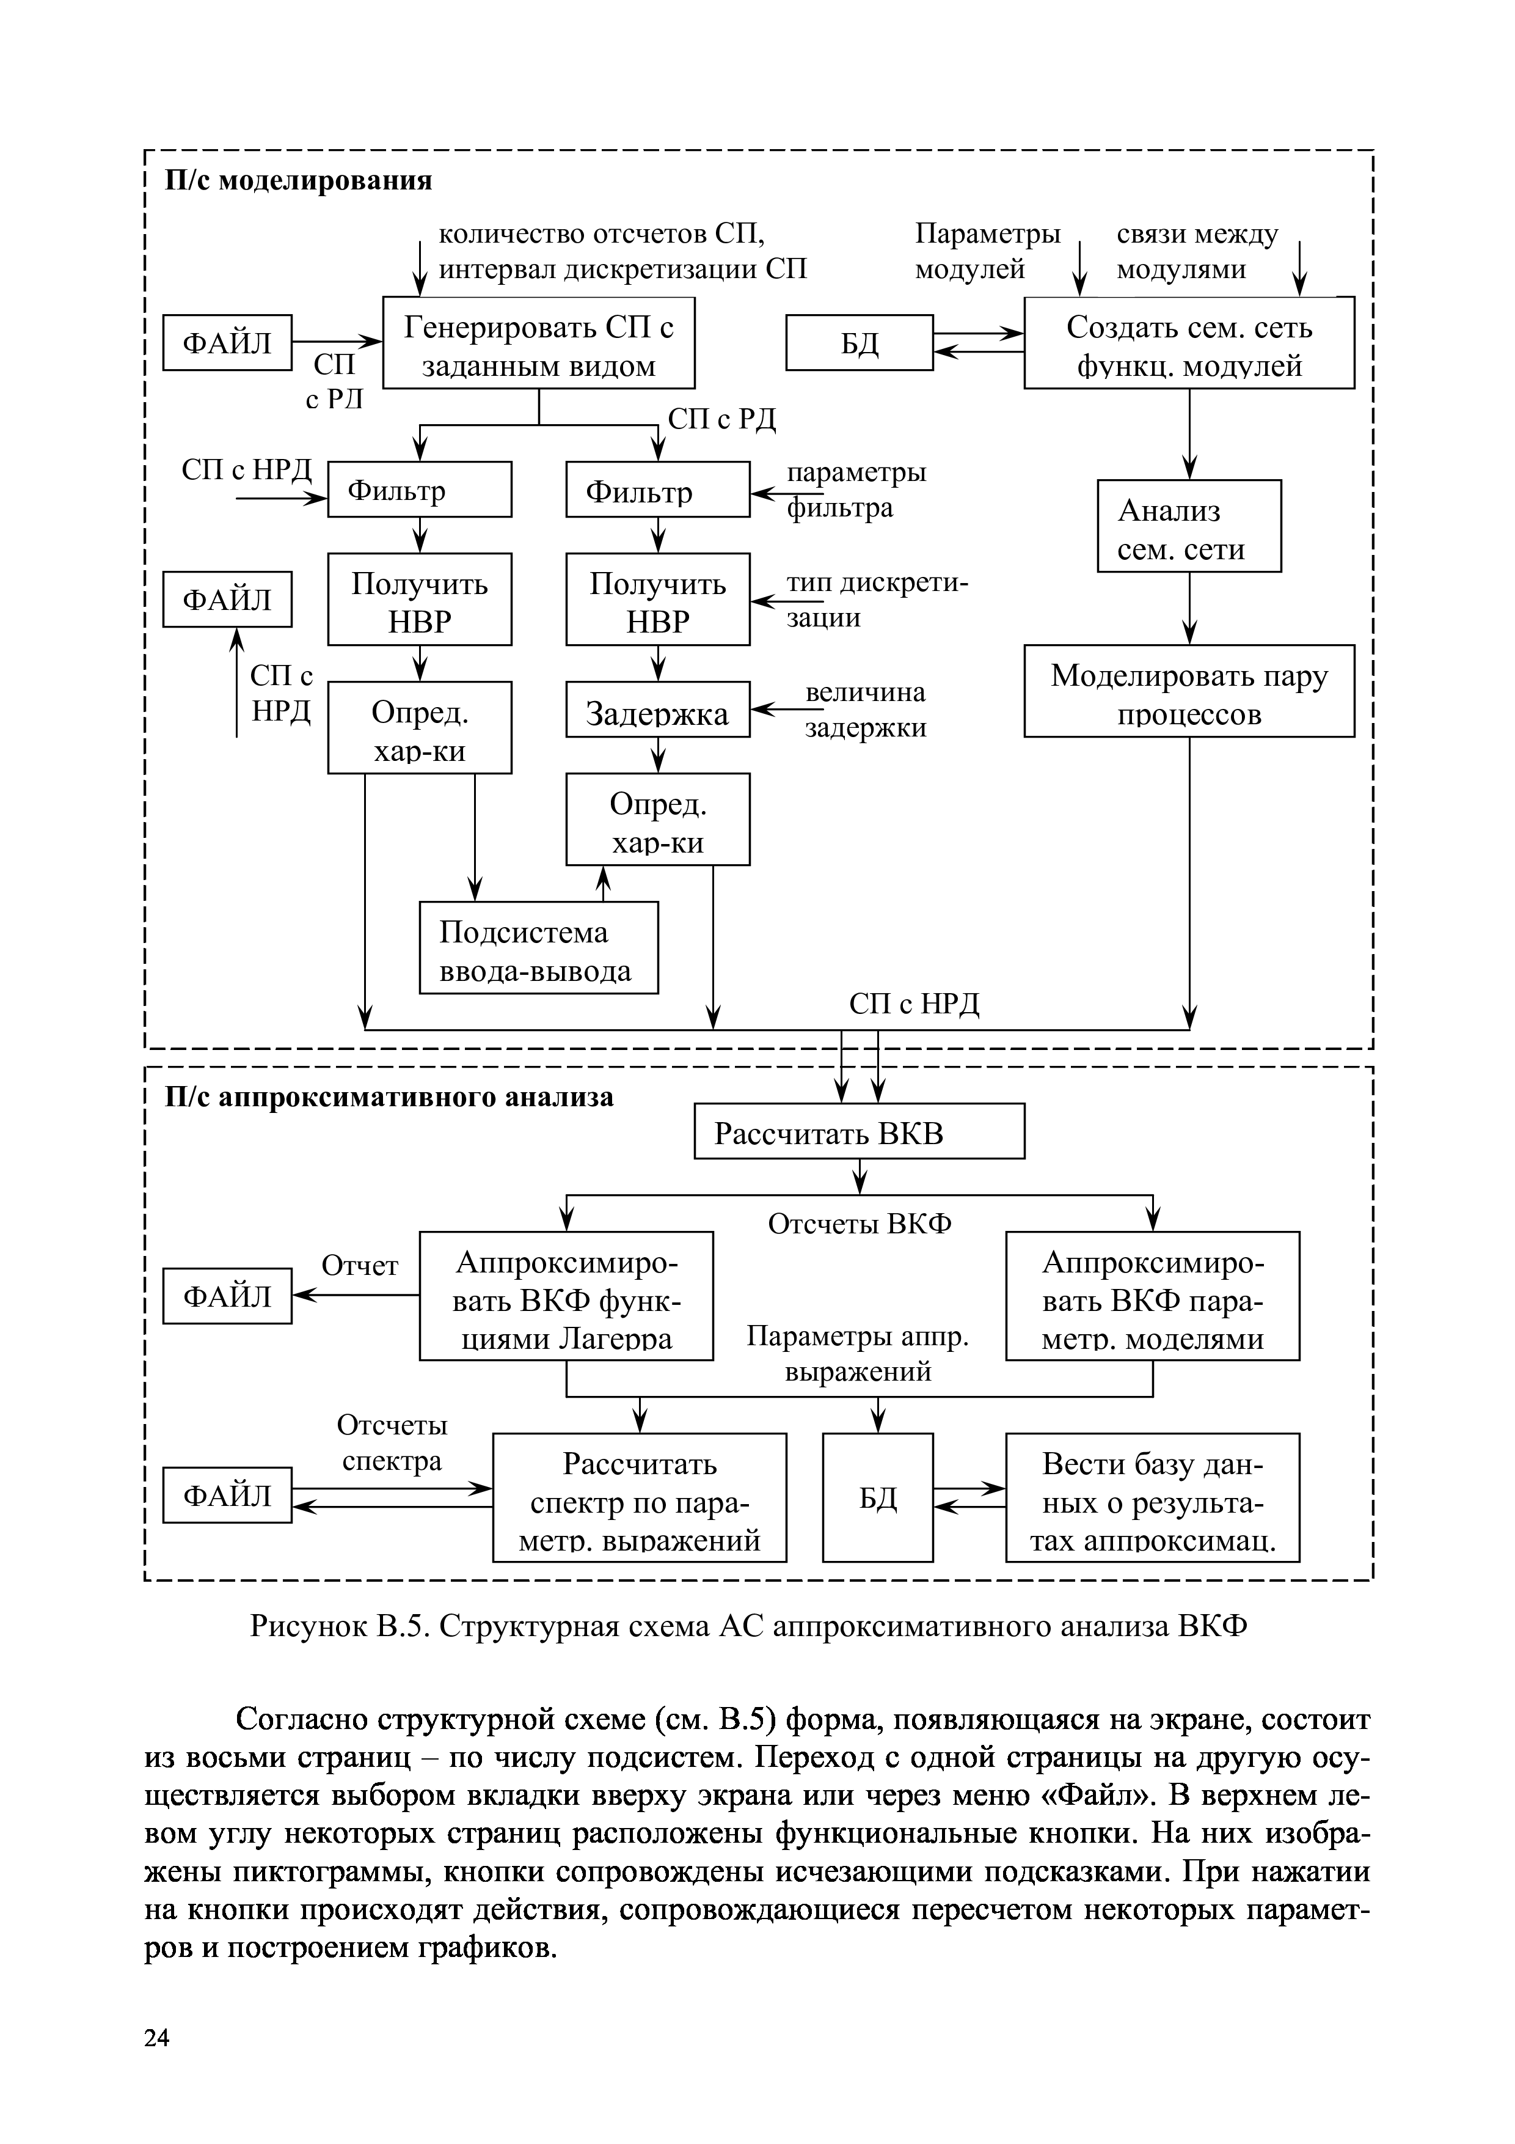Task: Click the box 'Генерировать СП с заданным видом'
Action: [539, 343]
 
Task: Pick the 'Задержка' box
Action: [657, 710]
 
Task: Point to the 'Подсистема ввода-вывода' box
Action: [539, 948]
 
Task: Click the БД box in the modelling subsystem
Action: [859, 343]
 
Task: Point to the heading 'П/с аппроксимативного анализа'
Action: [389, 1096]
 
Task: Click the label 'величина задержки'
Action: [865, 710]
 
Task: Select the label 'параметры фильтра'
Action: [856, 490]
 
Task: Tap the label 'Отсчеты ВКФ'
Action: [859, 1224]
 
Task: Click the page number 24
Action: [157, 2038]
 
